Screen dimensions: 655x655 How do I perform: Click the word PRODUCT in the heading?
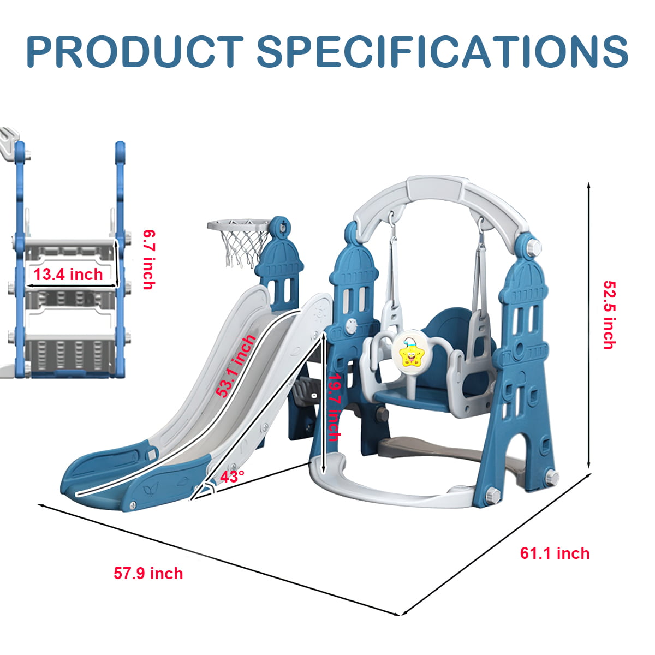134,51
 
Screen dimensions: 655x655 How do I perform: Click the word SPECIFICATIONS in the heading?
442,51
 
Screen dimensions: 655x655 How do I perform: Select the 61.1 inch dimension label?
555,553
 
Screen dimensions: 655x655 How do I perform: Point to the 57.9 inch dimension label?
148,574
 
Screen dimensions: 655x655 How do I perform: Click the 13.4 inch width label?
68,274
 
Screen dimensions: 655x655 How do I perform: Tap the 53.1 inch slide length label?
236,366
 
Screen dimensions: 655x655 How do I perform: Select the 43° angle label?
232,477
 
